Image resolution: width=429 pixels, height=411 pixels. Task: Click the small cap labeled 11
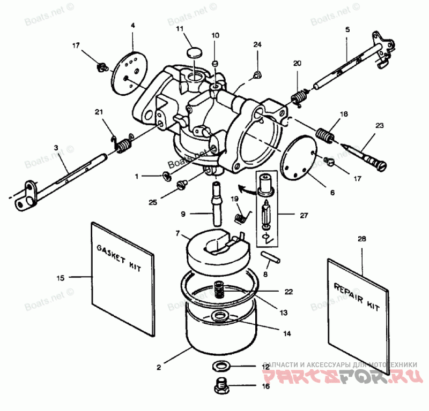[x=194, y=52]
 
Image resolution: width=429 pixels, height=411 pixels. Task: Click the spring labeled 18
[x=324, y=133]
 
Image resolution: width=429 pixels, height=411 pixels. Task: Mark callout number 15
[x=61, y=277]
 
